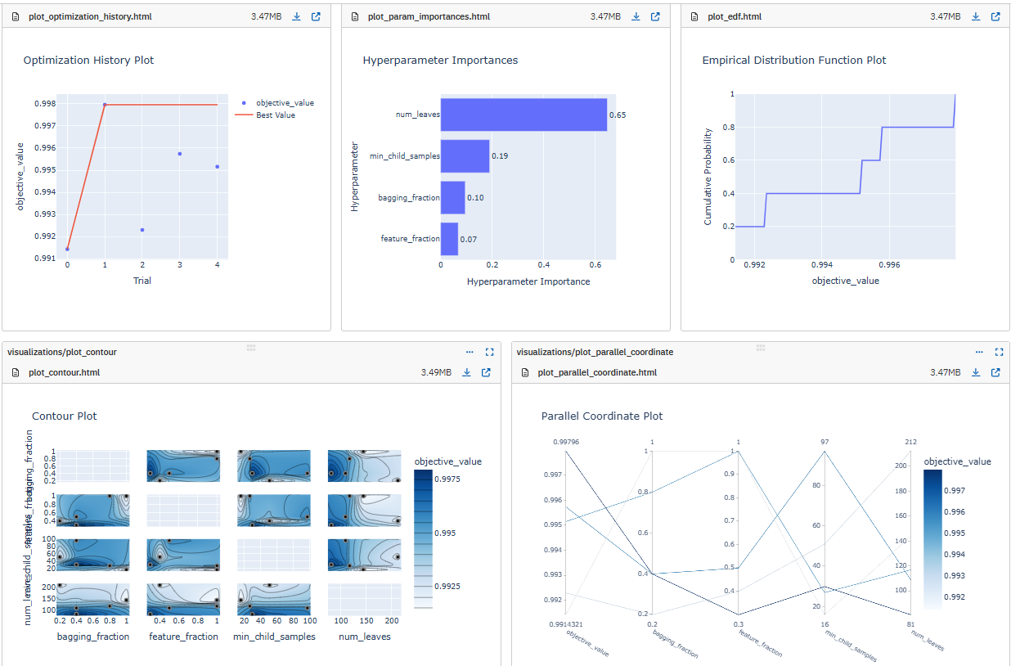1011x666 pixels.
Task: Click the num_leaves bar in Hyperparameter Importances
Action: click(523, 115)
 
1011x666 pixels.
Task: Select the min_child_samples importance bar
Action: click(465, 155)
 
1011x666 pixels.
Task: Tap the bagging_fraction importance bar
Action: click(452, 197)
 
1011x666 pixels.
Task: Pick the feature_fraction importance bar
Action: click(449, 239)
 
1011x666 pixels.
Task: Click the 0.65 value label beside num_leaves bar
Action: click(618, 115)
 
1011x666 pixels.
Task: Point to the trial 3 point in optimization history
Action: click(179, 154)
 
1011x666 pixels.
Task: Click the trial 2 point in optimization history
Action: click(142, 230)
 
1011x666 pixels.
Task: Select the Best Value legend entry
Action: click(275, 115)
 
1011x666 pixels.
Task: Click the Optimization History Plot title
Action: click(88, 61)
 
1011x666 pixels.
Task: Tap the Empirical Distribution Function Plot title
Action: click(793, 61)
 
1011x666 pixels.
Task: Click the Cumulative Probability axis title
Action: click(708, 177)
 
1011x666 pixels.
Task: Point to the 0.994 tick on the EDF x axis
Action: click(821, 266)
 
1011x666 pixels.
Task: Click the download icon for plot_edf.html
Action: click(976, 16)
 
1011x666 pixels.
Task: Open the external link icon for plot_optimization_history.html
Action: click(316, 16)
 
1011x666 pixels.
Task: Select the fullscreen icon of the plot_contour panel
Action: click(490, 352)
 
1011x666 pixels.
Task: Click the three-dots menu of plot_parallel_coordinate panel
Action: click(979, 352)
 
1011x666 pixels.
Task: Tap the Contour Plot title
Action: click(65, 416)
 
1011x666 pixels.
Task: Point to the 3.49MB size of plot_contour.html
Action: click(436, 373)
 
